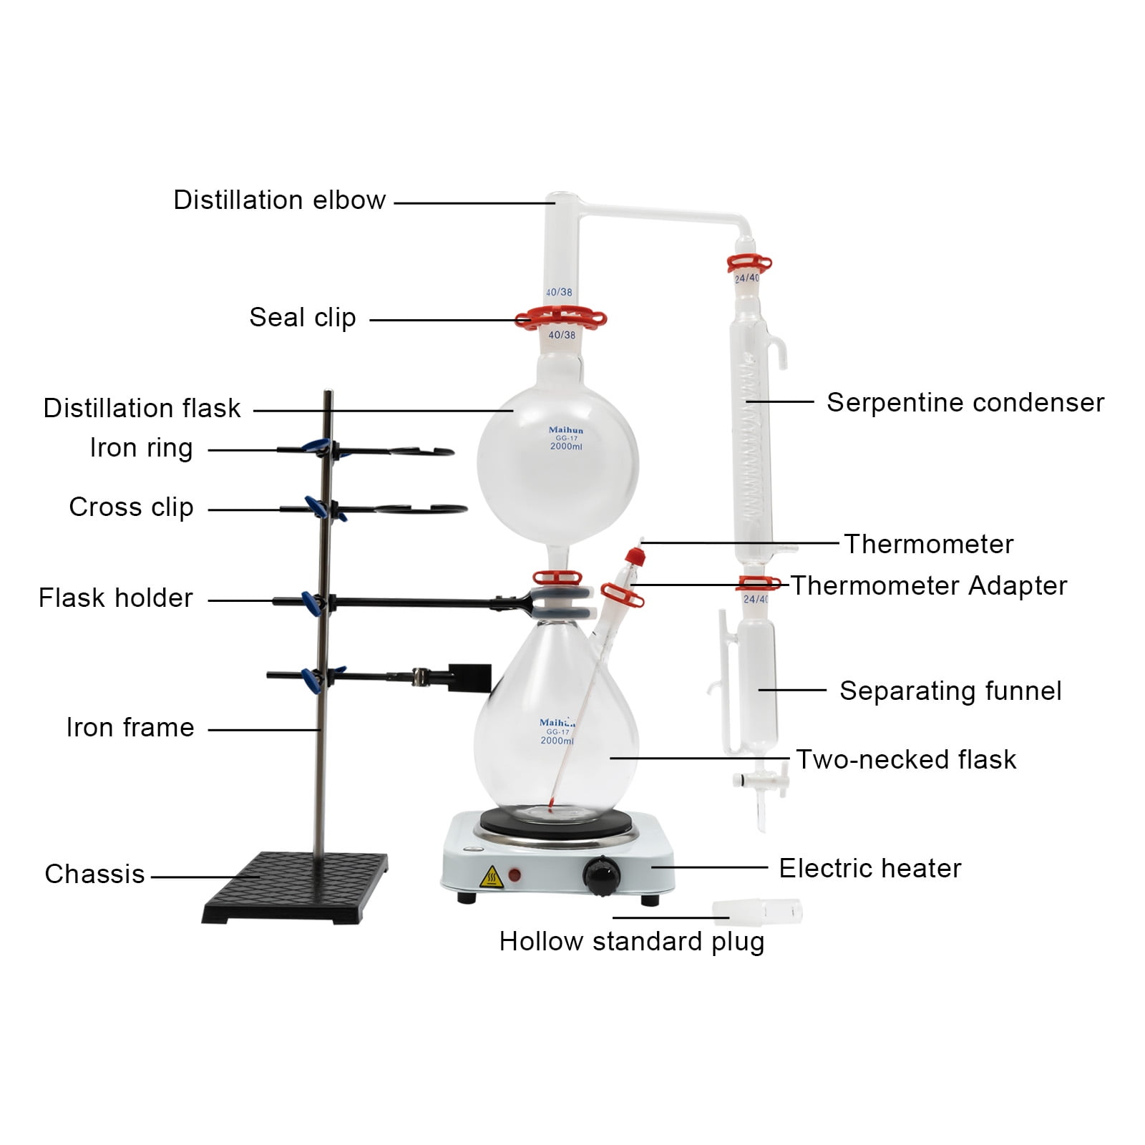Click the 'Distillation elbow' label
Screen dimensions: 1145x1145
(279, 200)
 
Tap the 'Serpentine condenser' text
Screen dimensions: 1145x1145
(965, 402)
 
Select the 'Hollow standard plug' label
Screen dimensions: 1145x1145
(631, 941)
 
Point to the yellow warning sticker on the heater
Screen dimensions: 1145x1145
(491, 876)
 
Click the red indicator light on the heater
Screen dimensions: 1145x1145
(514, 874)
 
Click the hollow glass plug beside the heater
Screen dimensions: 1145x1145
(757, 911)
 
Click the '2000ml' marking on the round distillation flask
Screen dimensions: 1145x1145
(566, 447)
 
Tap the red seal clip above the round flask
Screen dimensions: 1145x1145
(560, 318)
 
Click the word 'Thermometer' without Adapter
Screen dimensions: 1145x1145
(928, 544)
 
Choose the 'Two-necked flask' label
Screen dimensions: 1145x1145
(906, 759)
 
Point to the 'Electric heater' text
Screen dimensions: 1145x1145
(869, 868)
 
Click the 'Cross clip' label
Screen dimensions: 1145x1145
(131, 507)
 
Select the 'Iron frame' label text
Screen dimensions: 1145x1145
(130, 727)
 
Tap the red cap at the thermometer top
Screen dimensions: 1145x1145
(632, 556)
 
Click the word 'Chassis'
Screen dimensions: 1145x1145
(94, 874)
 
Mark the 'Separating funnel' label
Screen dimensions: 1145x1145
(950, 691)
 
